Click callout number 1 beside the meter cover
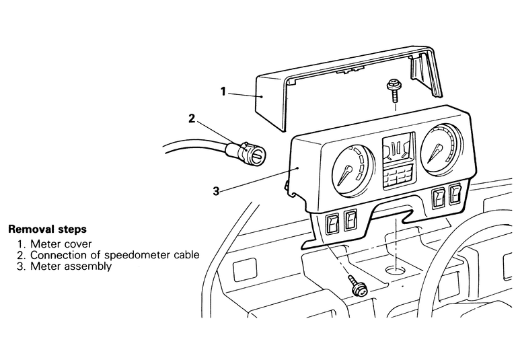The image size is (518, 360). click(x=223, y=92)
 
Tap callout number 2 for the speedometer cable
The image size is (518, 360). click(x=192, y=118)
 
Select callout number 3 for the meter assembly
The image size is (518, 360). click(x=216, y=191)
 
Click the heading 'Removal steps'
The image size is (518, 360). click(x=48, y=229)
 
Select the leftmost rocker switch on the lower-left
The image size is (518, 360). click(x=332, y=224)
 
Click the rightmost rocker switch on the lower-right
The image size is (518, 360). click(x=455, y=195)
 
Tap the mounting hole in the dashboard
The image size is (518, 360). click(x=396, y=270)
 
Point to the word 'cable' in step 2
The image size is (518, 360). click(x=187, y=255)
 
